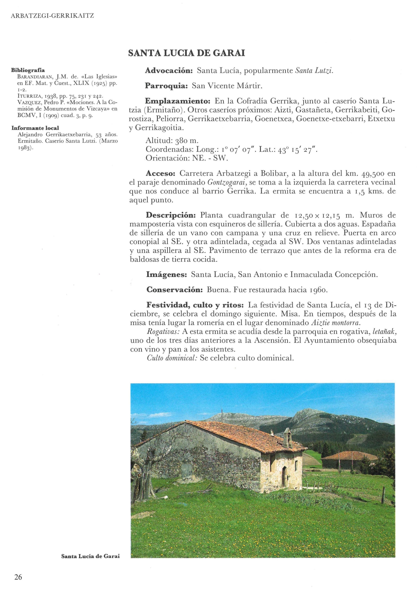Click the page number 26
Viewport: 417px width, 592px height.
[x=18, y=577]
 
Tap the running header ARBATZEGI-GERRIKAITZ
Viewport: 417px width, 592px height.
[x=52, y=16]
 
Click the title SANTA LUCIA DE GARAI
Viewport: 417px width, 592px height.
[x=187, y=53]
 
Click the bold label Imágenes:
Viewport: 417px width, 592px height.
[x=166, y=275]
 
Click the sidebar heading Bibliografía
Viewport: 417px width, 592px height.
[x=28, y=70]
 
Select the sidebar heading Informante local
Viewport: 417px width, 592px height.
[x=35, y=128]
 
